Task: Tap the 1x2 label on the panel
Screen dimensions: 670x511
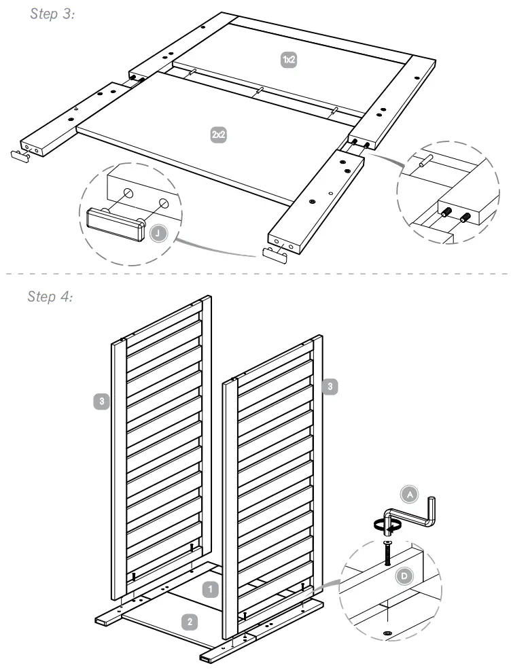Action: tap(289, 60)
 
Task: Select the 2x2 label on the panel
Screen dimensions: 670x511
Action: tap(219, 135)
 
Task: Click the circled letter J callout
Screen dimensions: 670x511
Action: tap(158, 233)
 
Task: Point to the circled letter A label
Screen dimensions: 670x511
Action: tap(409, 496)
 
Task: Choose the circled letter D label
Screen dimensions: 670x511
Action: tap(403, 576)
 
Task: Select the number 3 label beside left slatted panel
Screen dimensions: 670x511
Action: tap(101, 402)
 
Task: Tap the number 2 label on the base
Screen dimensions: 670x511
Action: tap(190, 620)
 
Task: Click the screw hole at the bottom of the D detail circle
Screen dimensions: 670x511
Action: tap(388, 633)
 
